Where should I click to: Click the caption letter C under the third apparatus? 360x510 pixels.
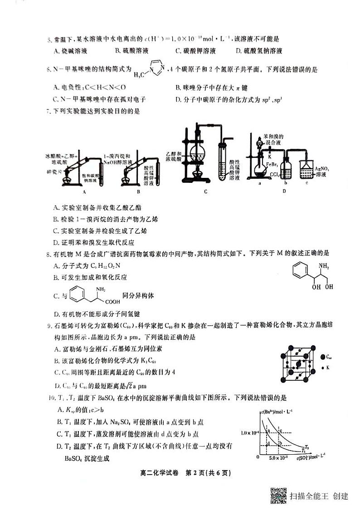[205, 191]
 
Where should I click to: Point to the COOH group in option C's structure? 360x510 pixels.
[112, 301]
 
